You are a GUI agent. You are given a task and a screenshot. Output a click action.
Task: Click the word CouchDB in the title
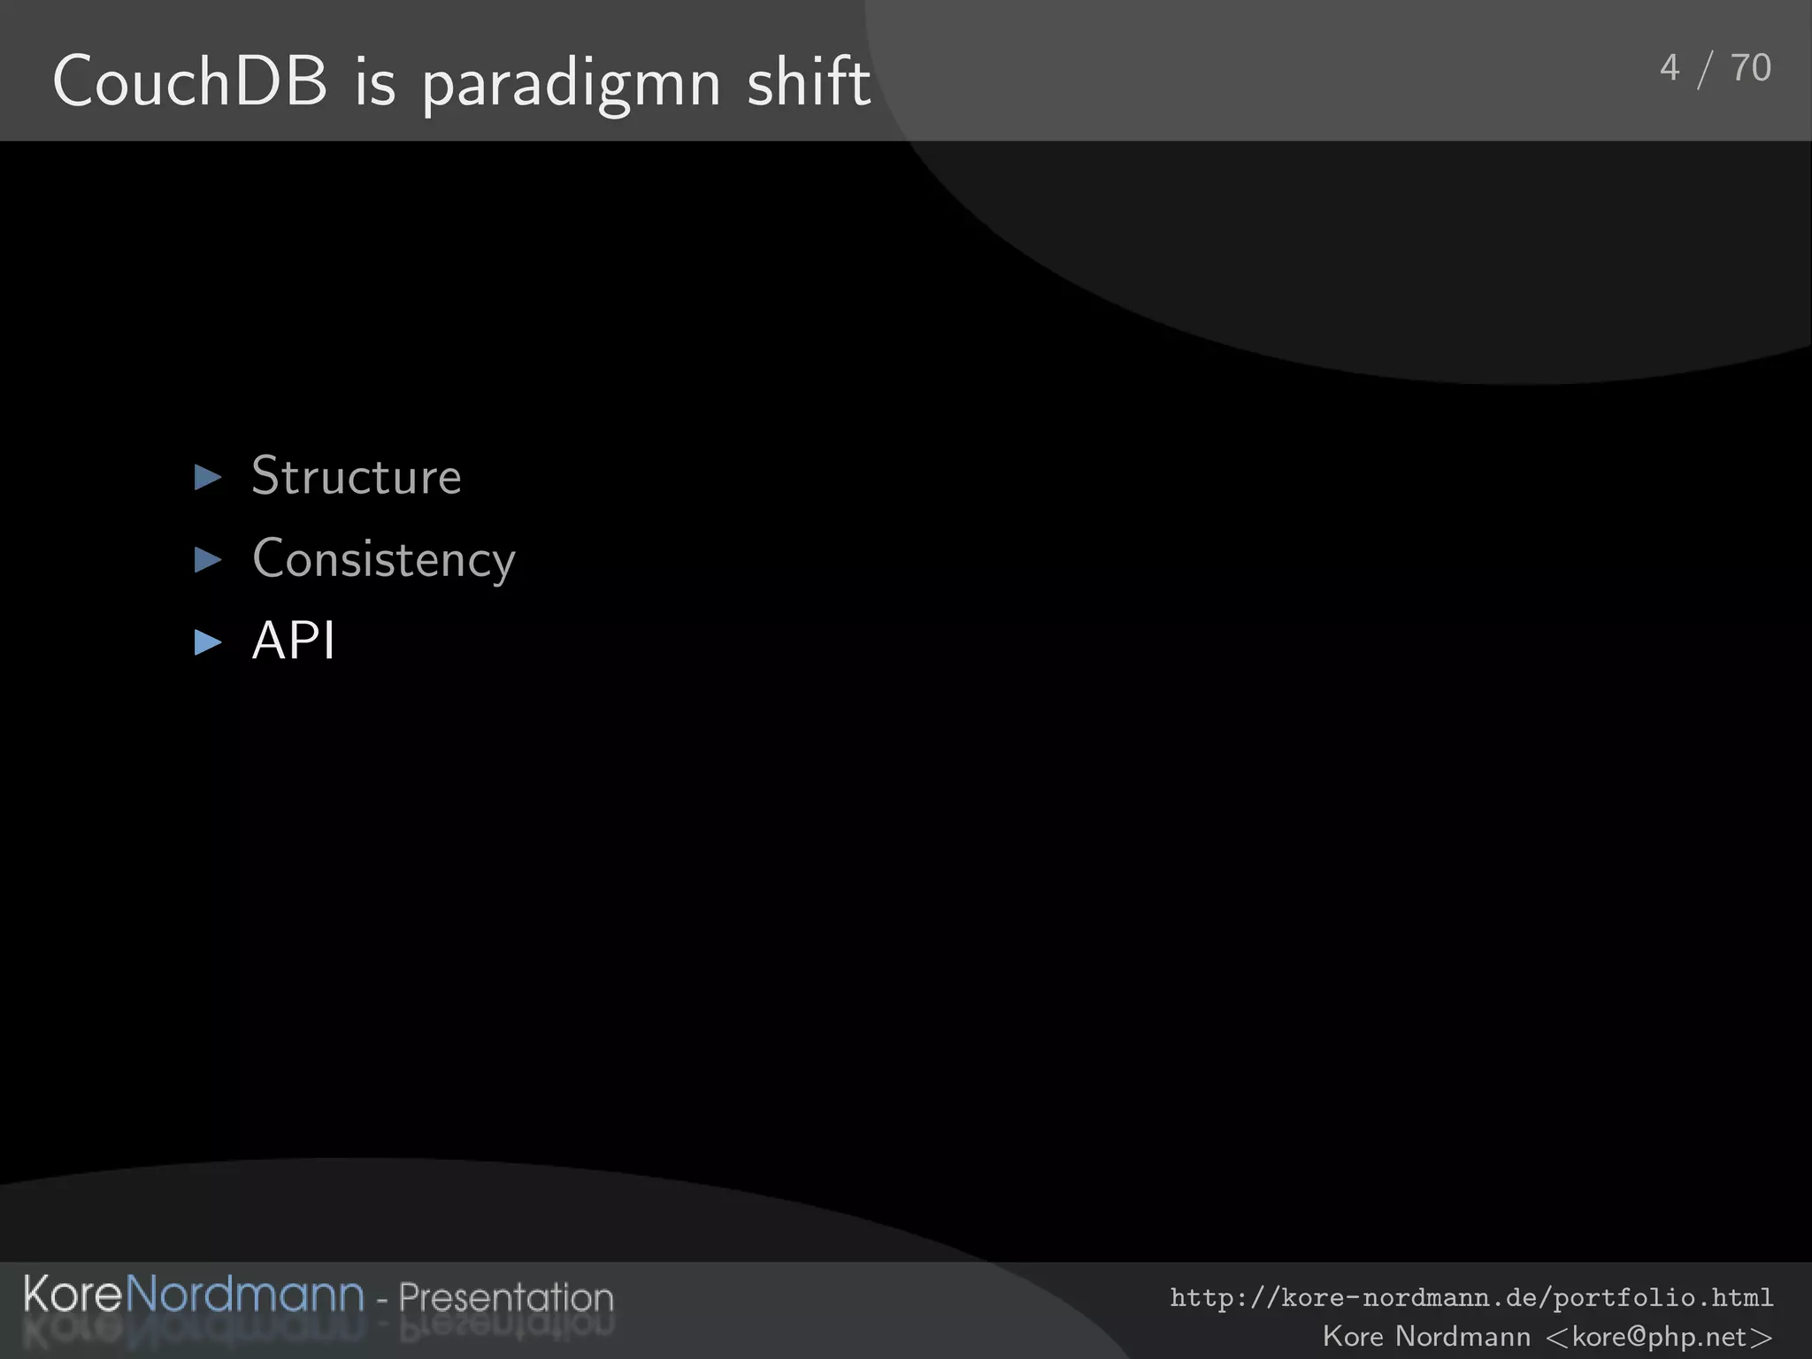tap(189, 81)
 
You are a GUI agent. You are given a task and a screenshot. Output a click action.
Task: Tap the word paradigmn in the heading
tap(571, 84)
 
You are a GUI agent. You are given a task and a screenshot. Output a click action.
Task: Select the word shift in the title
tap(808, 81)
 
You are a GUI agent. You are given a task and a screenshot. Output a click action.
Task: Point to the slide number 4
tap(1670, 68)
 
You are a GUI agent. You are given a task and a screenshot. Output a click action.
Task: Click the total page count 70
tap(1750, 68)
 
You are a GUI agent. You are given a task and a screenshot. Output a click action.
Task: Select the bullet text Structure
tap(356, 476)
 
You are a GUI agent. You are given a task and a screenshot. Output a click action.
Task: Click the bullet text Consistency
tap(383, 559)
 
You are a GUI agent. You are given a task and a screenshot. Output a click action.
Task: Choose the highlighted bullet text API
tap(293, 641)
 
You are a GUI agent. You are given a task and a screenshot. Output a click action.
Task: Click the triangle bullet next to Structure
tap(208, 478)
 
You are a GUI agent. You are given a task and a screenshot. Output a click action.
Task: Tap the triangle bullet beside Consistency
tap(208, 559)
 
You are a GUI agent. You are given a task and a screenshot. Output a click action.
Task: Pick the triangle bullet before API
tap(208, 641)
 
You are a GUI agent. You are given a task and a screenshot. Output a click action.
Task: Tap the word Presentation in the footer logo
tap(505, 1297)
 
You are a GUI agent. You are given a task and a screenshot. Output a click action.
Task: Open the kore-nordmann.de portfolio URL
tap(1471, 1298)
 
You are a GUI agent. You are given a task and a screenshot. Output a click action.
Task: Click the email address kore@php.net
tap(1659, 1336)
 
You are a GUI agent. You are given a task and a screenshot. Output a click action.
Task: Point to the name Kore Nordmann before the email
tap(1425, 1336)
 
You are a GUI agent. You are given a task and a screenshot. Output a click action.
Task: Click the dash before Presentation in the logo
tap(382, 1301)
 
